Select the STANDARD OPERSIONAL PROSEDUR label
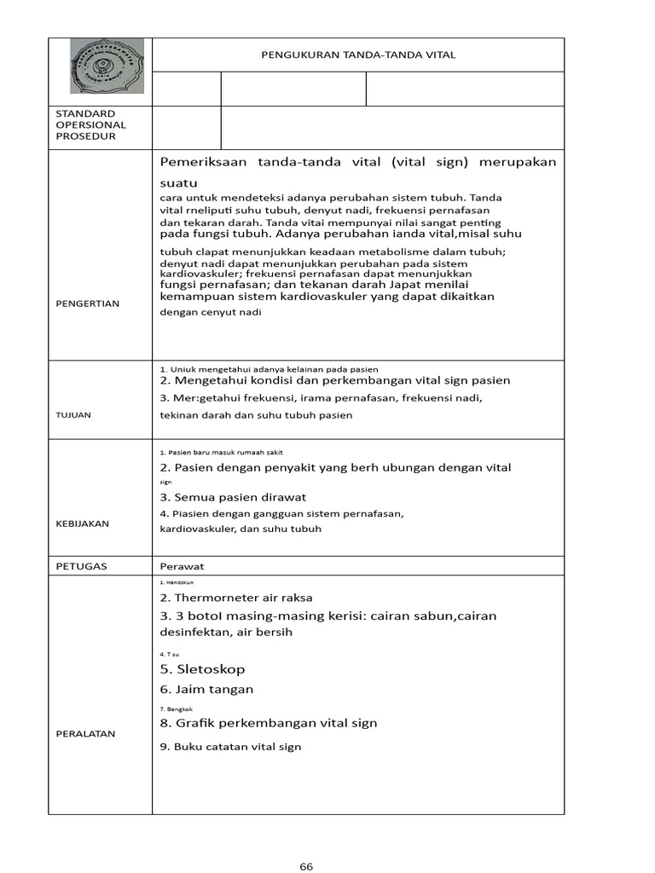pyautogui.click(x=90, y=125)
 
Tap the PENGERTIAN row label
pyautogui.click(x=87, y=304)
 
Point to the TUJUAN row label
pyautogui.click(x=74, y=415)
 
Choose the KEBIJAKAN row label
pyautogui.click(x=82, y=523)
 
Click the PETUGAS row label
pyautogui.click(x=81, y=566)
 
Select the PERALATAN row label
pyautogui.click(x=85, y=733)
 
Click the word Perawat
pyautogui.click(x=183, y=566)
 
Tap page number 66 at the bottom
pyautogui.click(x=307, y=867)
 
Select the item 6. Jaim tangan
pyautogui.click(x=206, y=689)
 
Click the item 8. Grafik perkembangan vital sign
pyautogui.click(x=268, y=723)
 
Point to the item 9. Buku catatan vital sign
pyautogui.click(x=230, y=747)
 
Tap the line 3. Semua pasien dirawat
pyautogui.click(x=233, y=497)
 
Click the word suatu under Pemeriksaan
pyautogui.click(x=179, y=182)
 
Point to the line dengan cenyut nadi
pyautogui.click(x=210, y=312)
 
